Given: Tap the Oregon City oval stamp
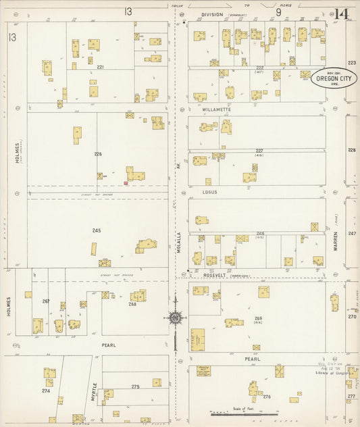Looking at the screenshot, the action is pyautogui.click(x=330, y=78).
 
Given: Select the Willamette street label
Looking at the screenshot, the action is pyautogui.click(x=216, y=109).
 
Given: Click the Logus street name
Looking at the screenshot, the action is pyautogui.click(x=209, y=192).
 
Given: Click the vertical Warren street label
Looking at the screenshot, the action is pyautogui.click(x=336, y=238).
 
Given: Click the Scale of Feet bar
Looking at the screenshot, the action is pyautogui.click(x=236, y=412).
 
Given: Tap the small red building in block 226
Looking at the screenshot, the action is pyautogui.click(x=126, y=182).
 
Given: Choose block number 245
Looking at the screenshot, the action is pyautogui.click(x=97, y=231).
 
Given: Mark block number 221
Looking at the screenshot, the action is pyautogui.click(x=100, y=67).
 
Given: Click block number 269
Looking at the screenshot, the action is pyautogui.click(x=258, y=318).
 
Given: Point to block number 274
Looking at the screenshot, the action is pyautogui.click(x=46, y=391).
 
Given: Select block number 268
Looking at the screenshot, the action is pyautogui.click(x=132, y=303).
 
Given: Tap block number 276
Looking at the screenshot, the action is pyautogui.click(x=266, y=397).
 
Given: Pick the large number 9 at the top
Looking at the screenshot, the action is pyautogui.click(x=278, y=11).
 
